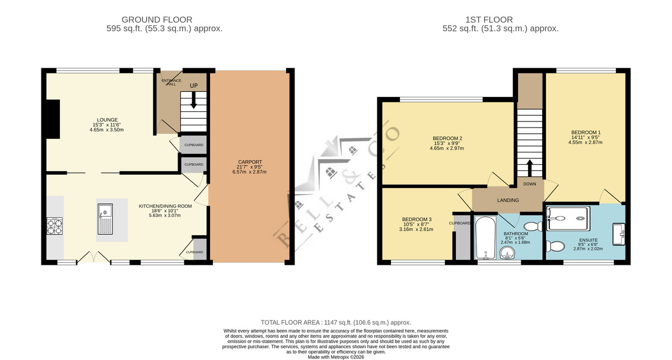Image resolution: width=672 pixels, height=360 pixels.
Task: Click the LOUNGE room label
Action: (107, 120)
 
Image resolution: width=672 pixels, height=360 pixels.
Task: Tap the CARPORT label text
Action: (250, 162)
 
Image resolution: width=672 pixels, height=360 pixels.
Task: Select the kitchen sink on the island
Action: (105, 219)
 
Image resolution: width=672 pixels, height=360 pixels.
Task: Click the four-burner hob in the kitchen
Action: (55, 226)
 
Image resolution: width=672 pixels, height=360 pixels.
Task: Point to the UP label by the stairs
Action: (194, 86)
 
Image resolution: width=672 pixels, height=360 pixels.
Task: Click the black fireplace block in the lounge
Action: (53, 119)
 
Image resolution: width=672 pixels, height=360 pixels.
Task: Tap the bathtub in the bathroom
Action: (486, 237)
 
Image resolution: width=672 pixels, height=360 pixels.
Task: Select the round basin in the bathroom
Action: (507, 253)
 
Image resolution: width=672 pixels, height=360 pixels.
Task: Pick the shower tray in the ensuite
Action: (568, 219)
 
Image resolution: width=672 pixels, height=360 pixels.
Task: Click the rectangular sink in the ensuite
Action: (619, 234)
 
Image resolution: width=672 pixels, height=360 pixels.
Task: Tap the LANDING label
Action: (508, 200)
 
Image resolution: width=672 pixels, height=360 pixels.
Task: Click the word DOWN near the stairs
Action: (530, 184)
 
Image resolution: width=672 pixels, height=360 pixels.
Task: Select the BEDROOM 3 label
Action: (417, 219)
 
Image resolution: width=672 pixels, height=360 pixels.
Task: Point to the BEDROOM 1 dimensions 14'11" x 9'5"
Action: (585, 137)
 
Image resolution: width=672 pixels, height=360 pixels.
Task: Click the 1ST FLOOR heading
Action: (489, 20)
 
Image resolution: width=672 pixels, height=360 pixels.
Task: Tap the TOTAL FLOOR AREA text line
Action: (335, 322)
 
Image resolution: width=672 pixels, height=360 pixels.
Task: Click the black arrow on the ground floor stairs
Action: (194, 100)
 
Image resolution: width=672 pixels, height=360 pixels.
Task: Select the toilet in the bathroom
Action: (533, 226)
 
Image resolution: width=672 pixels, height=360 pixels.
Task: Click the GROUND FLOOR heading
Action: (157, 20)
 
